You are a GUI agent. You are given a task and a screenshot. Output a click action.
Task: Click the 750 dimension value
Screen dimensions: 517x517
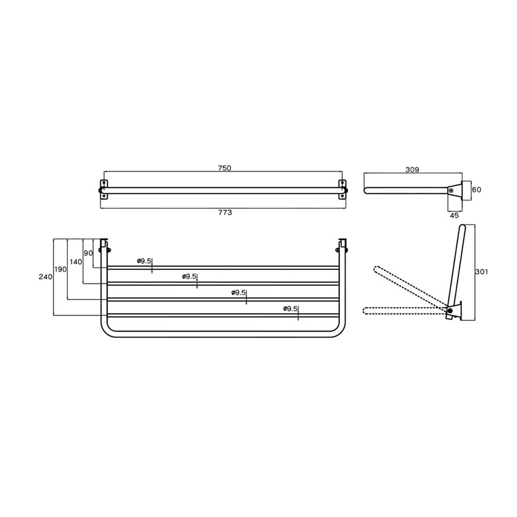coord(224,168)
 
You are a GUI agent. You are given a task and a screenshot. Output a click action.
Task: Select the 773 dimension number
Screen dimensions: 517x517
coord(225,212)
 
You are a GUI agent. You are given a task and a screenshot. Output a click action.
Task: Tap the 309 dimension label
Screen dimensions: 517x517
coord(412,170)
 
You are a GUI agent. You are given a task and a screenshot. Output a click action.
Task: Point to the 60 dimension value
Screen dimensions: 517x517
coord(477,190)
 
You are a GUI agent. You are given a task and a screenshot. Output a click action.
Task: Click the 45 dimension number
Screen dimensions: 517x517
coord(454,215)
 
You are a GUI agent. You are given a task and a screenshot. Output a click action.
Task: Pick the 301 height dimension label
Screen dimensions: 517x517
coord(481,272)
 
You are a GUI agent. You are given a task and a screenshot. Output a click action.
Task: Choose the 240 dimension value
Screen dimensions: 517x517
coord(45,277)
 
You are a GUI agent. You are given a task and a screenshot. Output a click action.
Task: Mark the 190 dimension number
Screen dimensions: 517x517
coord(60,269)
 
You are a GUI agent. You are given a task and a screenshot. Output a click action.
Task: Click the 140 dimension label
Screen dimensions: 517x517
coord(76,262)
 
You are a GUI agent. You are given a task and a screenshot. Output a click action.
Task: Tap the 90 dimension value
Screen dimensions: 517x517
coord(88,253)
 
